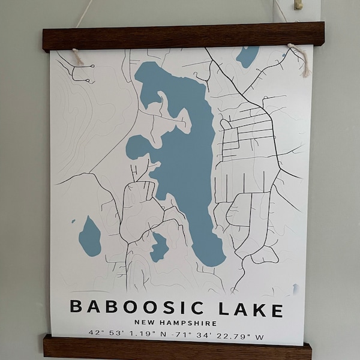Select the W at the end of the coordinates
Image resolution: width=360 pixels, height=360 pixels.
[259, 337]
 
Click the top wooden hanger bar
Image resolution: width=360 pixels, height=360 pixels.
[183, 37]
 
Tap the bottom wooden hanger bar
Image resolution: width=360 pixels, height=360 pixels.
[177, 349]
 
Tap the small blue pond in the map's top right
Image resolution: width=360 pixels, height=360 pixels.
[247, 56]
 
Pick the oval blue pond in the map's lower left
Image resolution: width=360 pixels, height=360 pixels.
[90, 236]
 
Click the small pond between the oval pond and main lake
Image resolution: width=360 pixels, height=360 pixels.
[158, 247]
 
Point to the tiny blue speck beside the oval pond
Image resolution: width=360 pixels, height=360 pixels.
[74, 221]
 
